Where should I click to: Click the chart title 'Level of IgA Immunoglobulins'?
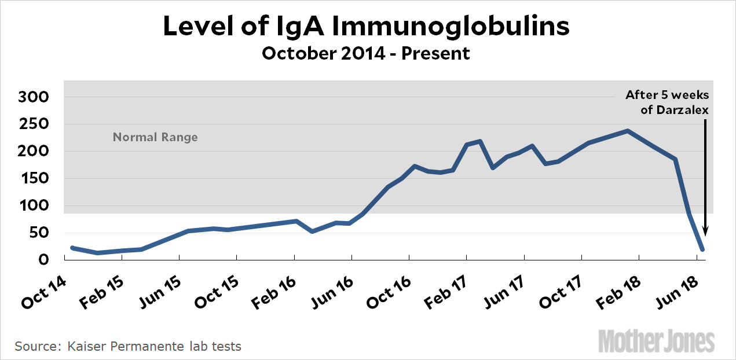(366, 26)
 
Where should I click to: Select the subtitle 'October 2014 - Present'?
(366, 54)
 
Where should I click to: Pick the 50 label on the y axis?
(43, 233)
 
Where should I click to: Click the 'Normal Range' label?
(155, 138)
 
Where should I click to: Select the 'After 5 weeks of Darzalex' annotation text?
(667, 102)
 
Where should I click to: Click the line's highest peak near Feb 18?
(627, 131)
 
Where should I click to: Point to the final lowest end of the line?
(702, 250)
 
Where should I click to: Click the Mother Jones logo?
(656, 341)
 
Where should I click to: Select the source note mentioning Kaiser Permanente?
(128, 347)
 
